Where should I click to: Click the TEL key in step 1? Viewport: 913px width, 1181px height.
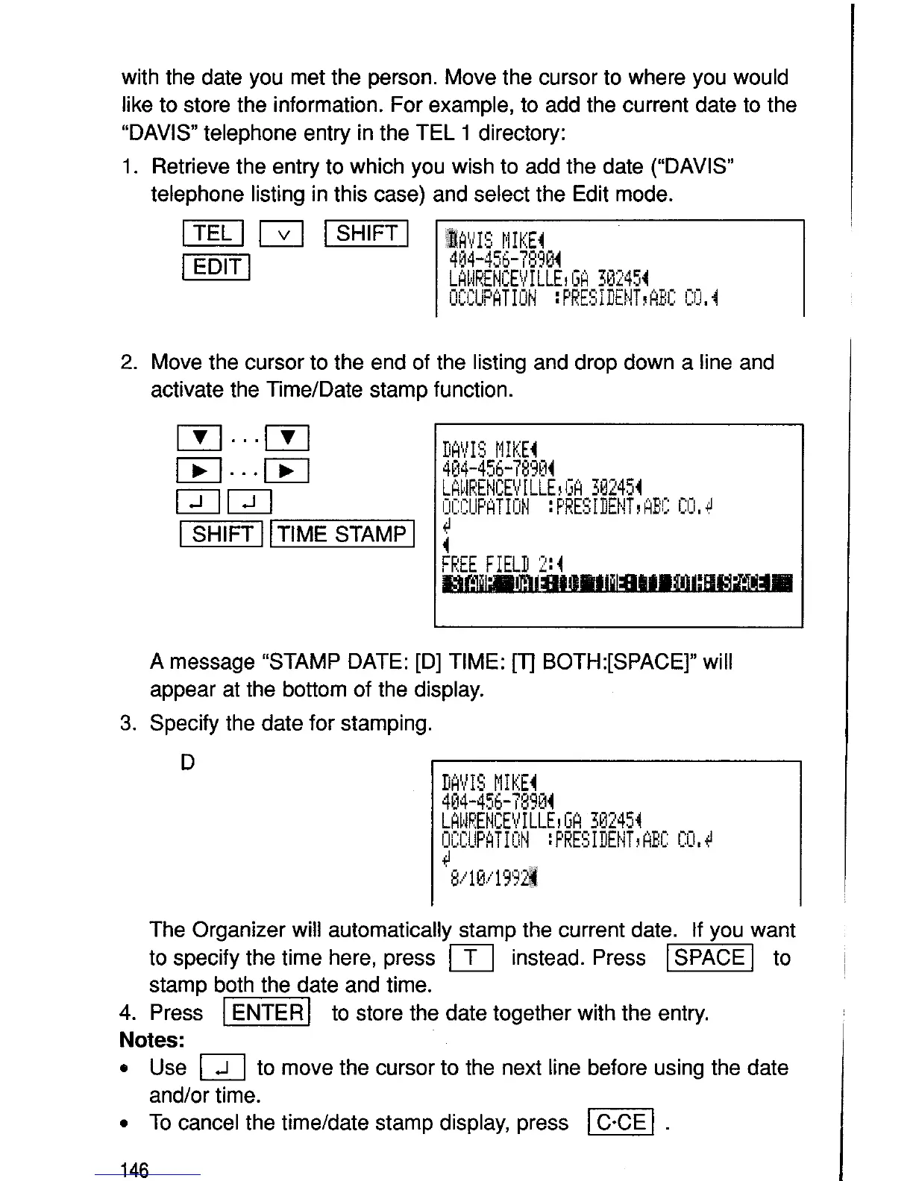click(x=213, y=234)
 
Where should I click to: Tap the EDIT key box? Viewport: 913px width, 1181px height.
click(x=216, y=267)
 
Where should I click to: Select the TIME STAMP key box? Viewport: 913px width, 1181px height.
click(x=342, y=534)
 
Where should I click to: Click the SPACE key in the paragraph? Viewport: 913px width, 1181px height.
click(x=709, y=957)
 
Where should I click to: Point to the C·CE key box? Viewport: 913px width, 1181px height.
click(x=621, y=1122)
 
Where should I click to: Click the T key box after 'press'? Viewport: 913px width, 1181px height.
click(x=471, y=958)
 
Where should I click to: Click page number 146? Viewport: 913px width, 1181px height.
click(x=134, y=1170)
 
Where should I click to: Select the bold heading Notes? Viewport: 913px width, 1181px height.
click(x=152, y=1040)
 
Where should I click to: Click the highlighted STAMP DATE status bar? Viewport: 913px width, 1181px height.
click(x=617, y=583)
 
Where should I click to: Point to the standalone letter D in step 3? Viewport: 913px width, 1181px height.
click(x=188, y=763)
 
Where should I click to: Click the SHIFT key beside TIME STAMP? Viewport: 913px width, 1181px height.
click(x=222, y=534)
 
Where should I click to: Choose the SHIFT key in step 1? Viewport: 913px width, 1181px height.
click(x=367, y=234)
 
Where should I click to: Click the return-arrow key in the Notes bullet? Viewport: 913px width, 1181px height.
click(x=222, y=1069)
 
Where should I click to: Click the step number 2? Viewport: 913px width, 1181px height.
click(x=128, y=362)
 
